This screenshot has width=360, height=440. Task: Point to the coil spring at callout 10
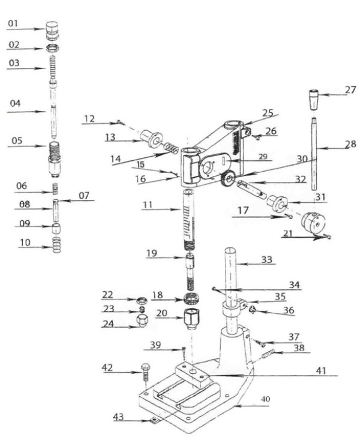[x=57, y=245]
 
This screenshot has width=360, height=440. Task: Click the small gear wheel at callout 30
[x=227, y=179]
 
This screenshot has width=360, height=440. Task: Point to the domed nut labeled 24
[x=143, y=322]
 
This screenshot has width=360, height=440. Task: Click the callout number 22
[x=107, y=294]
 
